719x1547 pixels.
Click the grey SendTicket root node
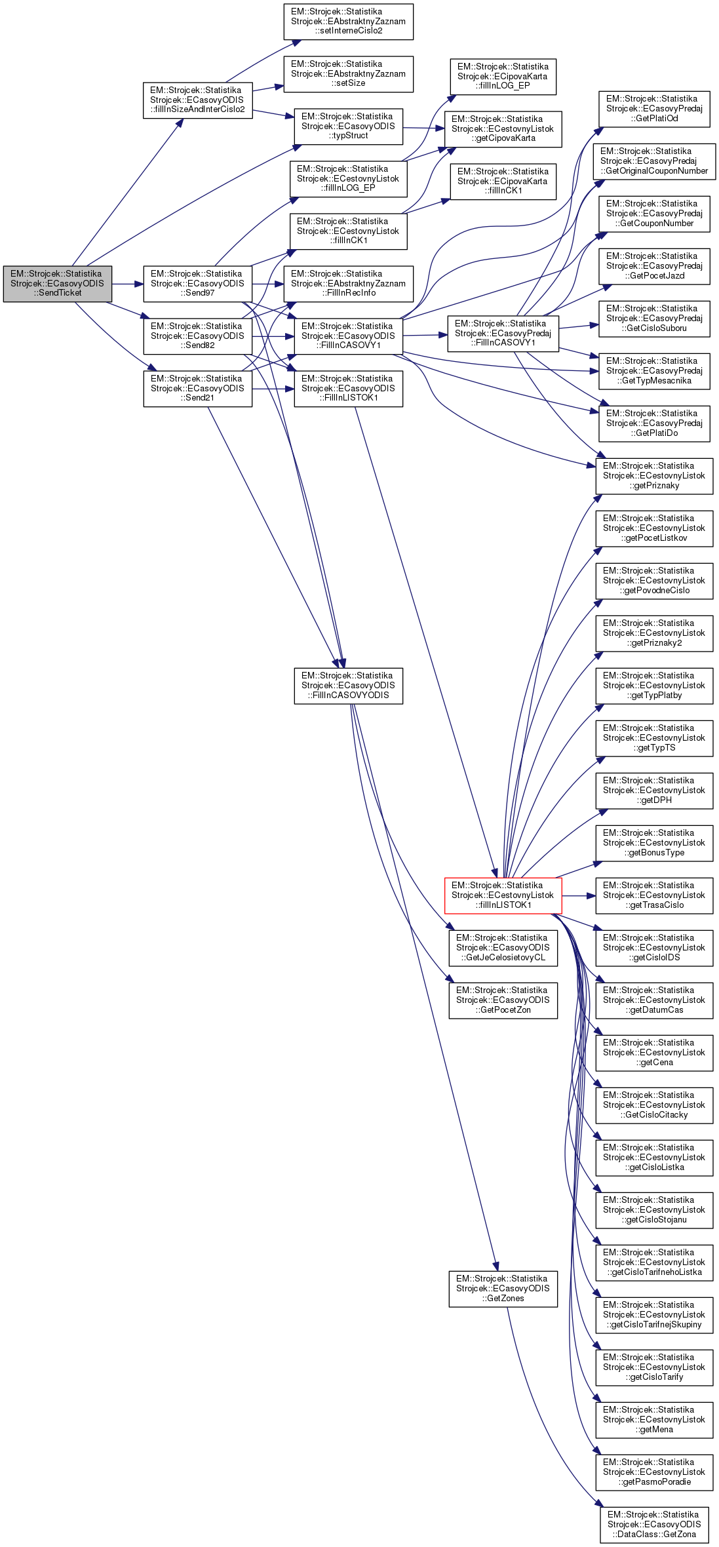click(x=57, y=284)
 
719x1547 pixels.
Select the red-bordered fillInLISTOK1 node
click(x=503, y=895)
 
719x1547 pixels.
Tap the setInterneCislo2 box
click(x=348, y=22)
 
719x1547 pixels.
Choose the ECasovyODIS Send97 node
click(x=197, y=284)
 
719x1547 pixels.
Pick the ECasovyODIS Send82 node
click(x=197, y=336)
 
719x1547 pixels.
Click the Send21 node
click(x=197, y=389)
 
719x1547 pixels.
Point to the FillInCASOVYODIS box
click(x=348, y=686)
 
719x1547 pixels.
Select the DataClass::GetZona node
click(x=654, y=1525)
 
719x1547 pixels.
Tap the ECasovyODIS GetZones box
click(x=503, y=1289)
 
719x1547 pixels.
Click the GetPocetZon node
click(x=503, y=1000)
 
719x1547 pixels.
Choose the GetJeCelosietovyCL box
click(x=503, y=948)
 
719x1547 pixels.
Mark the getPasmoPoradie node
click(x=654, y=1472)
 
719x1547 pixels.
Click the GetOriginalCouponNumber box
click(x=654, y=161)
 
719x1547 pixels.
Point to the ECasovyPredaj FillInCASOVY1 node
click(x=503, y=334)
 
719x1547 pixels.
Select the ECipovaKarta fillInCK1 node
click(x=503, y=182)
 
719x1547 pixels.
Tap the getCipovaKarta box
click(x=503, y=129)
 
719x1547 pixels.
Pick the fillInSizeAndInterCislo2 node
click(x=197, y=100)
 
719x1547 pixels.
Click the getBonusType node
click(x=654, y=843)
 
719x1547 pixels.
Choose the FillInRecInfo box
click(x=348, y=284)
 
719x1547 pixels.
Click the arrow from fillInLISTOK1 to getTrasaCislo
click(x=579, y=895)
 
